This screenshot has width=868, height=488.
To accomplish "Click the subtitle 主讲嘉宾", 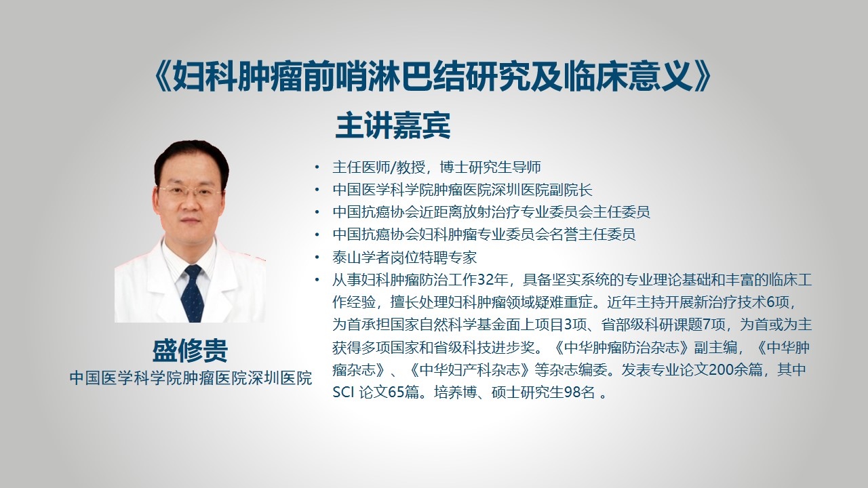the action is (393, 125).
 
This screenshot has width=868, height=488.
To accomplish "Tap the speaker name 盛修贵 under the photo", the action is (191, 351).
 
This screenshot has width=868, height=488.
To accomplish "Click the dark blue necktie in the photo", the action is (193, 293).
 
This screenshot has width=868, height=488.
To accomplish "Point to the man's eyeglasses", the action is (190, 191).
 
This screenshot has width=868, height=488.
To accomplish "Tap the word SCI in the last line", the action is (343, 392).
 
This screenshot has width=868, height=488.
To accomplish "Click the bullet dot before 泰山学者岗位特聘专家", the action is (317, 257).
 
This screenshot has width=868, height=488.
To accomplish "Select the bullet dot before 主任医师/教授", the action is (317, 167).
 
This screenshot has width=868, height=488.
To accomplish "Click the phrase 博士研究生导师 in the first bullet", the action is (490, 167).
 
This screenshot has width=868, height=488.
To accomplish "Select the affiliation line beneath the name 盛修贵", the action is (191, 378).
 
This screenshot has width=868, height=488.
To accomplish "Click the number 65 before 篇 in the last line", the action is (396, 392).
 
